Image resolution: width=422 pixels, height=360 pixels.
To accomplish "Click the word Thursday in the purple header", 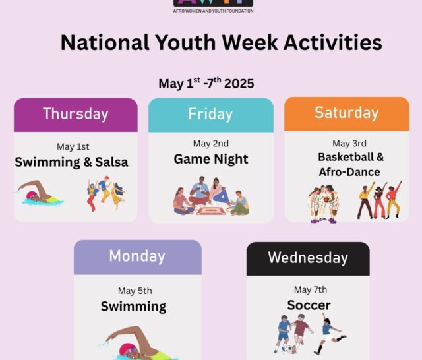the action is (x=76, y=114).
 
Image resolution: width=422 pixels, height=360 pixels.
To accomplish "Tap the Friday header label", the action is (x=210, y=114).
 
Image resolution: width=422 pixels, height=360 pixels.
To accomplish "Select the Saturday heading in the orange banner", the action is (x=347, y=113).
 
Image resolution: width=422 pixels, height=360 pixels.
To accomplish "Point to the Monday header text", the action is (x=137, y=256).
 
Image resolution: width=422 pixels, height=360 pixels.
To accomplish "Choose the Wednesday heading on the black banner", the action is (x=308, y=258).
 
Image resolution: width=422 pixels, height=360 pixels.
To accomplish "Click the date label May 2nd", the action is (x=211, y=144).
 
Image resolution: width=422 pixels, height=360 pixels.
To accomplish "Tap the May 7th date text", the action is (x=311, y=289).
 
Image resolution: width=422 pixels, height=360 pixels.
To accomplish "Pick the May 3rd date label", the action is (x=349, y=144).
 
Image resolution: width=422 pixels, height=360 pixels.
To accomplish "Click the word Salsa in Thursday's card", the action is (x=111, y=162).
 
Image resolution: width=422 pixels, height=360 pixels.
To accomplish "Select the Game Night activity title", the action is (x=211, y=159).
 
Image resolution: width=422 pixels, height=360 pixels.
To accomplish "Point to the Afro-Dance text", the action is (x=349, y=172).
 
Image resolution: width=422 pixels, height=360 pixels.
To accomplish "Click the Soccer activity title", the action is (x=309, y=305).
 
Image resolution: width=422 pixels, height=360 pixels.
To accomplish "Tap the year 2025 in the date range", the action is (x=239, y=84).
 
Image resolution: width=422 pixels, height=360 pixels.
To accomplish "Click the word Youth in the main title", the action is (x=185, y=42).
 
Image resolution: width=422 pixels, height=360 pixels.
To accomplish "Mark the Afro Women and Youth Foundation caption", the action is (x=213, y=11).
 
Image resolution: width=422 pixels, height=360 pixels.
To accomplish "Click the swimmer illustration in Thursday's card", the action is (x=40, y=193).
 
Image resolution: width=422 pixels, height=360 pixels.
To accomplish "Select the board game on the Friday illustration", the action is (x=211, y=211).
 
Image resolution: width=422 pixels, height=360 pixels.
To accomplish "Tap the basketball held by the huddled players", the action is (x=326, y=199).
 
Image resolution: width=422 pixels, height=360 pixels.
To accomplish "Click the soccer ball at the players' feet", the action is (x=289, y=349).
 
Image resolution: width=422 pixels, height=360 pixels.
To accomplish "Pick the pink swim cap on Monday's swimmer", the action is (x=125, y=349).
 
